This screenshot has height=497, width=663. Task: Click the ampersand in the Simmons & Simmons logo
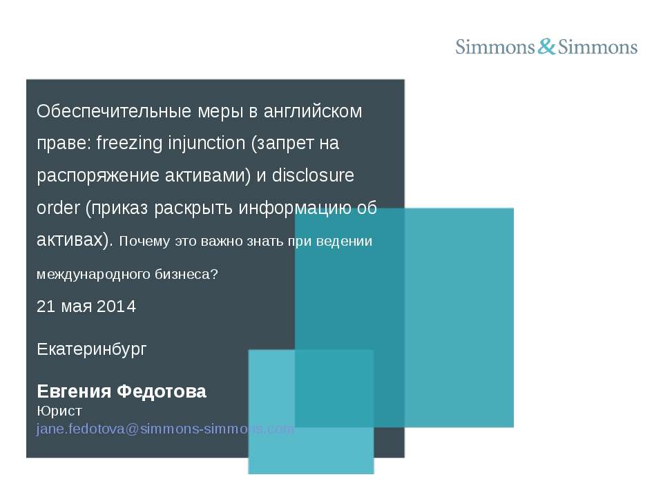(546, 47)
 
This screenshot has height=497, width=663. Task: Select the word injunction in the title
(206, 144)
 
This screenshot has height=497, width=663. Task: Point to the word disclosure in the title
(313, 175)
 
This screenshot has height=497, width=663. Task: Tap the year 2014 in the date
(116, 306)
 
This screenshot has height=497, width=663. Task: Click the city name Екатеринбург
(91, 349)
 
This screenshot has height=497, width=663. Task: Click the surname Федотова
(162, 392)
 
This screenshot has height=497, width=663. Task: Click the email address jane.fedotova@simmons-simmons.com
(165, 429)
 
